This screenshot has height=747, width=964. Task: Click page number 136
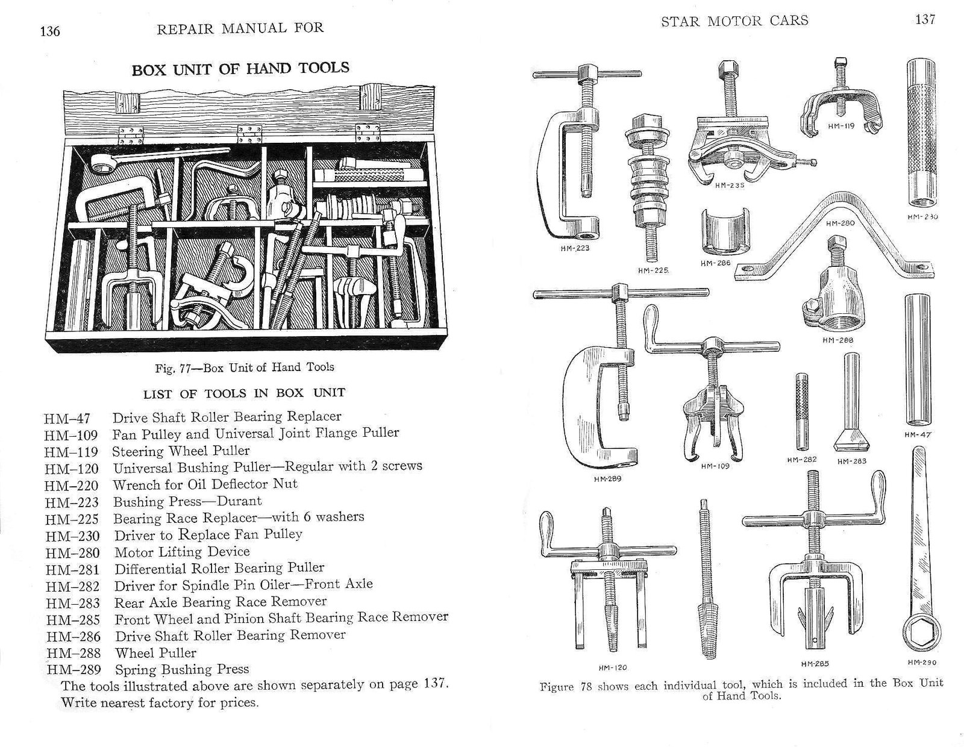coord(49,31)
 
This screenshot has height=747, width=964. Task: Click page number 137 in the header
coord(925,19)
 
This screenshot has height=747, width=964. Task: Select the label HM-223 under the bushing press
coord(575,248)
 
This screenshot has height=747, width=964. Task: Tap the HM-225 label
coord(653,270)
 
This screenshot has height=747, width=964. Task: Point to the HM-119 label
coord(841,126)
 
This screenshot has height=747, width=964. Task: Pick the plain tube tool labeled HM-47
coord(917,359)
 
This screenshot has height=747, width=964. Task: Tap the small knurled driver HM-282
coord(801,411)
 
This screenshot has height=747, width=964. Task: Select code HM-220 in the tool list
coord(71,486)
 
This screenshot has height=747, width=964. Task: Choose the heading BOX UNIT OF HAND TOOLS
coord(240,69)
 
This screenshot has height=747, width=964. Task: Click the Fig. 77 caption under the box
coord(245,367)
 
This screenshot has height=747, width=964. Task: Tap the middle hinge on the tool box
coord(249,133)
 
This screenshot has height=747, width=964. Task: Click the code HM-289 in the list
coord(74,669)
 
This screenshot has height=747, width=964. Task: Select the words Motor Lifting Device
coord(182,552)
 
